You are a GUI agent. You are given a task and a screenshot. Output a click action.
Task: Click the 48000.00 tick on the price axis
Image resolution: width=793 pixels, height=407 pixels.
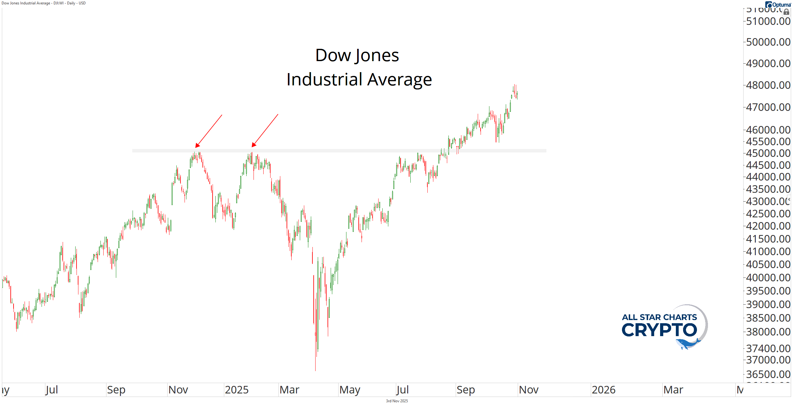point(768,85)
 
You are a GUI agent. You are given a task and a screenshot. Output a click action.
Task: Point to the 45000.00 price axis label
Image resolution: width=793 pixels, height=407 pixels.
point(768,153)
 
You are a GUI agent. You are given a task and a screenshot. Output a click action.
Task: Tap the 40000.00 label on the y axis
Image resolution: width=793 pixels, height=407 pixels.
point(768,278)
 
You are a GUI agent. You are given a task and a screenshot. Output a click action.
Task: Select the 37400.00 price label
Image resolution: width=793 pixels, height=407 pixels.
point(768,348)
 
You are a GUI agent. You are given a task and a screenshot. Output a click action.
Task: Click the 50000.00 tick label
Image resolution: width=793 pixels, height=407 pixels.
point(768,42)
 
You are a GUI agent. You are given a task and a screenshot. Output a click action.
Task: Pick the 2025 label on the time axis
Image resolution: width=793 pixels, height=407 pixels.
point(237,390)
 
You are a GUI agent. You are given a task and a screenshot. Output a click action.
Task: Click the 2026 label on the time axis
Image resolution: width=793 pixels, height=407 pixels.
point(603,390)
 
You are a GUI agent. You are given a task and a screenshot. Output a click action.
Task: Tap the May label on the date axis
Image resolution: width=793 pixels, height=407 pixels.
point(350,390)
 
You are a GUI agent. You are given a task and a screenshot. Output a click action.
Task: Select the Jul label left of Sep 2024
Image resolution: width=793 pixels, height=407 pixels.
point(52,390)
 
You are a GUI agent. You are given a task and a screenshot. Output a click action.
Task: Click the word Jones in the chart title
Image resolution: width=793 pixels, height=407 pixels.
point(377,55)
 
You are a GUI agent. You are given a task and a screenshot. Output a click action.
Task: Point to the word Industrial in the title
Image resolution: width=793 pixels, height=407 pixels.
point(324,79)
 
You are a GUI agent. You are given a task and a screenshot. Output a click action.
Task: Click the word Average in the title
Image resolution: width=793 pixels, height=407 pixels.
point(399,79)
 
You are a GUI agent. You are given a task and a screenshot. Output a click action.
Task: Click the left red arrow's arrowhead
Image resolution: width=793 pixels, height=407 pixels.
point(197,146)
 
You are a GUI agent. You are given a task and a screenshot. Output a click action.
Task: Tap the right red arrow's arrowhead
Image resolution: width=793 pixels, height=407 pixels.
point(254,145)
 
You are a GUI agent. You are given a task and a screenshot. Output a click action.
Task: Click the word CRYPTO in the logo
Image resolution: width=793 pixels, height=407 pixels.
point(659,330)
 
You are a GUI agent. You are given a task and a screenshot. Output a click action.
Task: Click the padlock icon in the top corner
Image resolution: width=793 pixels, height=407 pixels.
point(786,12)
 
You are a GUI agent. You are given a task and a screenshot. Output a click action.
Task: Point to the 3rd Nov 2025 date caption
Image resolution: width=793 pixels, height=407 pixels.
point(397,401)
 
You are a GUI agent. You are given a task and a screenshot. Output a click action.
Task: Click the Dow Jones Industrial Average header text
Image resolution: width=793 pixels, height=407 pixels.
point(43,3)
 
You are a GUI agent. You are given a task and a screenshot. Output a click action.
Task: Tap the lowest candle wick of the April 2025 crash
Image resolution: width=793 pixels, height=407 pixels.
point(315,369)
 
